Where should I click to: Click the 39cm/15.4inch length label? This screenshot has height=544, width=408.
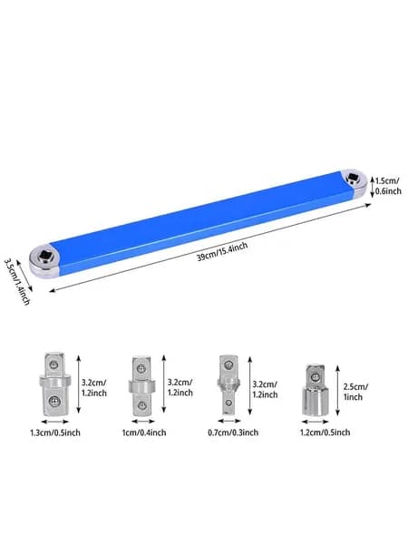[222, 251]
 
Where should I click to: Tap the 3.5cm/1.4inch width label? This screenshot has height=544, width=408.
[16, 281]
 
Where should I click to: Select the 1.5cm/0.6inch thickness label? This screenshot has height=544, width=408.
[388, 186]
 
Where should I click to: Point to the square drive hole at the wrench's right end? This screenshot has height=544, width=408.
[353, 177]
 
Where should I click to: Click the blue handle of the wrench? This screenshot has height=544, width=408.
[202, 222]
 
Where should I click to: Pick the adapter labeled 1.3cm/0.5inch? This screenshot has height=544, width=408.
[54, 384]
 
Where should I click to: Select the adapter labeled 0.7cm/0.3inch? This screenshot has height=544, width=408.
[228, 384]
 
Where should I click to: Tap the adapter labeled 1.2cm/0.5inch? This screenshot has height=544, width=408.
[315, 390]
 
